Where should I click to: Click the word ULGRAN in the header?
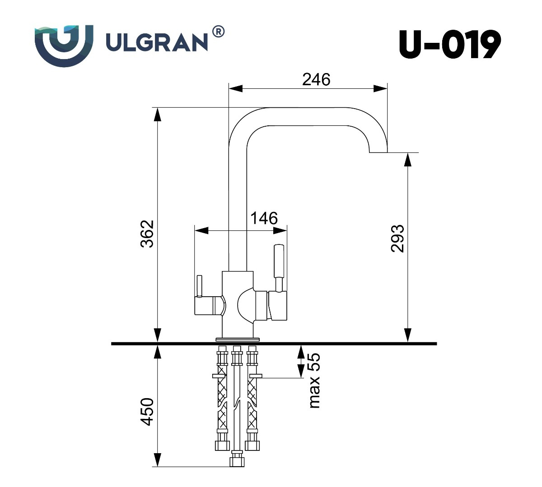pyautogui.click(x=157, y=42)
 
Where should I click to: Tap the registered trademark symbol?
pyautogui.click(x=218, y=32)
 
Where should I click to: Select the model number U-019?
pyautogui.click(x=450, y=45)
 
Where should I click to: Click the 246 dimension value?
pyautogui.click(x=316, y=79)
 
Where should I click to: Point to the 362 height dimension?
pyautogui.click(x=147, y=234)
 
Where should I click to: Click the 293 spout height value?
pyautogui.click(x=397, y=239)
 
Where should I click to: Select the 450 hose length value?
pyautogui.click(x=147, y=411)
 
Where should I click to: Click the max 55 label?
pyautogui.click(x=314, y=381)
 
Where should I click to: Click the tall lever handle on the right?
pyautogui.click(x=279, y=260)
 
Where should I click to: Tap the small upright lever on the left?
pyautogui.click(x=199, y=286)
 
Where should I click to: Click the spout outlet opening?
pyautogui.click(x=378, y=152)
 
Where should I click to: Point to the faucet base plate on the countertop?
pyautogui.click(x=238, y=339)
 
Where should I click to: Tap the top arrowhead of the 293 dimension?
pyautogui.click(x=408, y=160)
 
